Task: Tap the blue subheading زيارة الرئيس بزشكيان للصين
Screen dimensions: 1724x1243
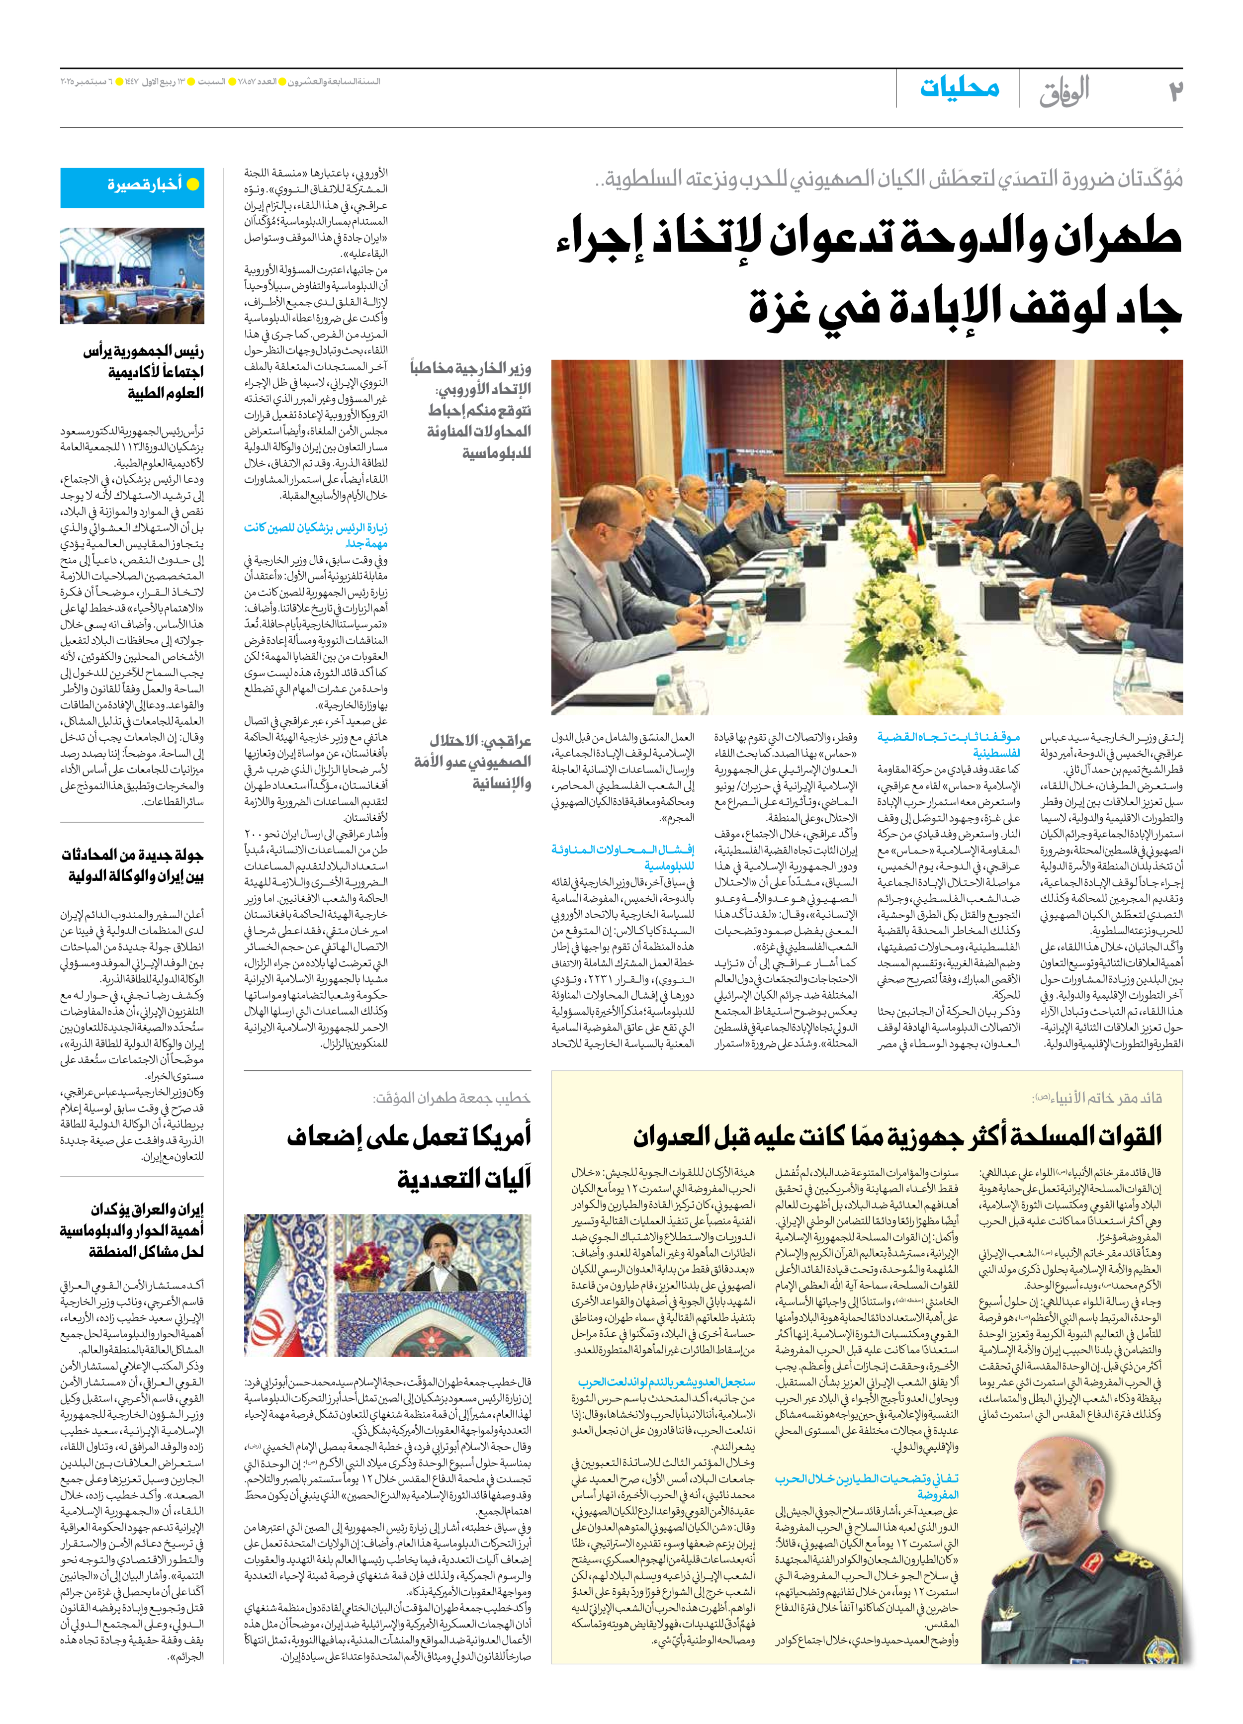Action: pos(316,535)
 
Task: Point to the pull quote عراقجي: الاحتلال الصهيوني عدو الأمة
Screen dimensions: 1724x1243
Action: pos(472,762)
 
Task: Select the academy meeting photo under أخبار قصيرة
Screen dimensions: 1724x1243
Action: pos(132,276)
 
